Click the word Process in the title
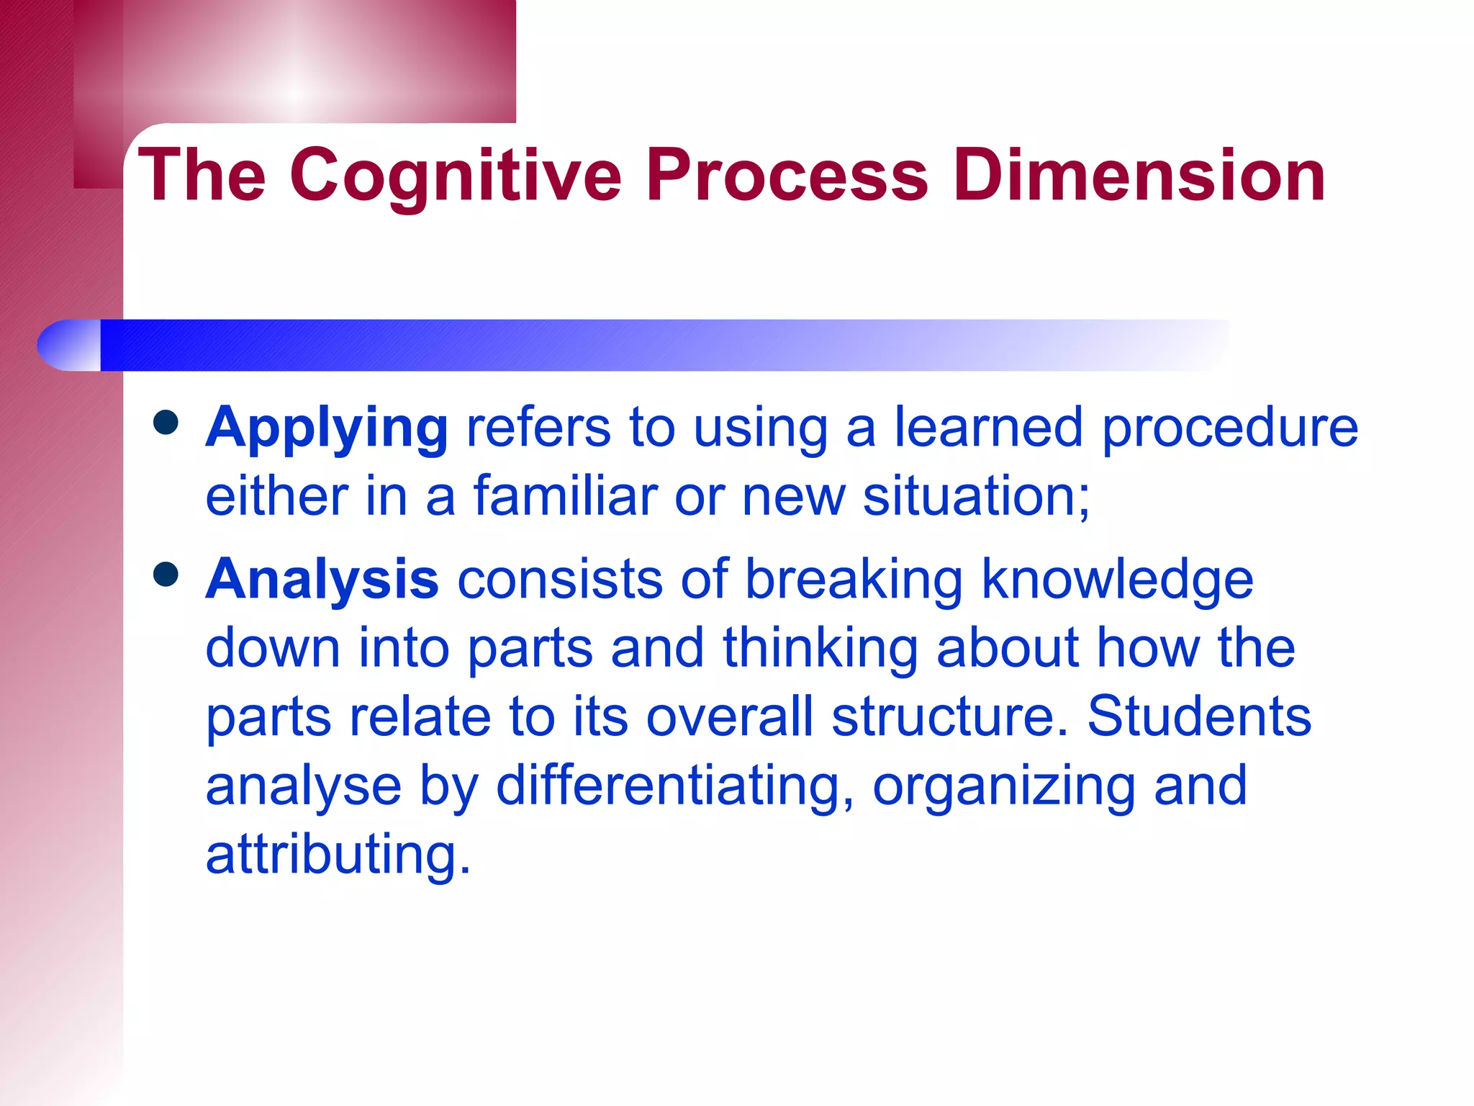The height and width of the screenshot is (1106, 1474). (787, 175)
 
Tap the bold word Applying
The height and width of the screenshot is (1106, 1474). (327, 428)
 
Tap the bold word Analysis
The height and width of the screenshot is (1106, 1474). (322, 580)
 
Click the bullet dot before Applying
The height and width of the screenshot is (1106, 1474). (166, 423)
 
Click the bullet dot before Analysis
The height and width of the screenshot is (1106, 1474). (166, 575)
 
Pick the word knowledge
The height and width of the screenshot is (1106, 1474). (1117, 580)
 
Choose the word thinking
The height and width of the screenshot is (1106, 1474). (820, 648)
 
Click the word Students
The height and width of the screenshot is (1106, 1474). (1199, 717)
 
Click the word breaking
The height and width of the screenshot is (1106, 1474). (854, 580)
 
